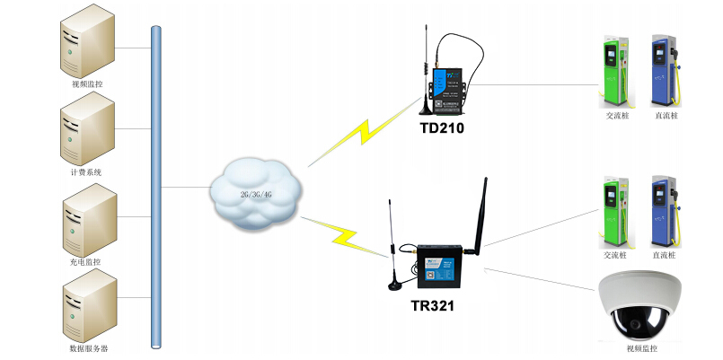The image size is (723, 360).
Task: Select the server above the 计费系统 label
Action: click(x=87, y=133)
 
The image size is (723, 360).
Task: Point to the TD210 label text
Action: click(x=443, y=128)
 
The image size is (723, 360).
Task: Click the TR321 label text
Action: click(x=431, y=306)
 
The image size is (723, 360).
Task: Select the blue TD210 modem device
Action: click(x=445, y=90)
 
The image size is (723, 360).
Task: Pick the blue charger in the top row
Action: click(x=665, y=70)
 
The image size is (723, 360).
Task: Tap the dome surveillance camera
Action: click(x=641, y=306)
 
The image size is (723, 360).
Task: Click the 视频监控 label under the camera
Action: click(x=641, y=348)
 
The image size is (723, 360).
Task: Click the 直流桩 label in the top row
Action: click(x=666, y=115)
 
